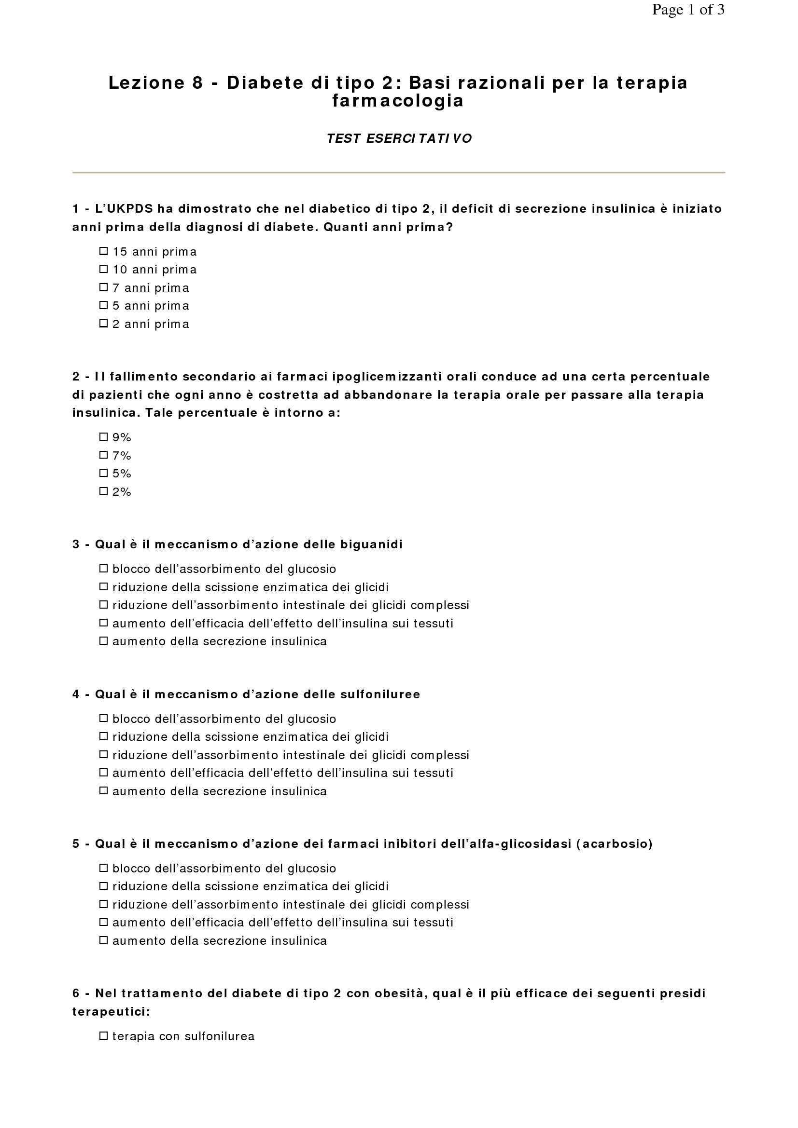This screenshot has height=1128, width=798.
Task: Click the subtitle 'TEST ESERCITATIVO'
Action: [399, 138]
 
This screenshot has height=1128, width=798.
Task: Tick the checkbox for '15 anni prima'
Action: [103, 251]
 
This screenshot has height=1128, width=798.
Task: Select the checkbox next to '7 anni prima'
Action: [103, 287]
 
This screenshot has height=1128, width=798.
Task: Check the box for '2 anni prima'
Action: [103, 323]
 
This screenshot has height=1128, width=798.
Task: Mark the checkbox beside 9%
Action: [103, 436]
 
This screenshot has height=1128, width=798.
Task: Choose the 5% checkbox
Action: [103, 473]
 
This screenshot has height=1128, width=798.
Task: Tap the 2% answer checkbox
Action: [103, 491]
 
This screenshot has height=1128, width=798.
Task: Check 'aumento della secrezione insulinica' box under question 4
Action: [103, 790]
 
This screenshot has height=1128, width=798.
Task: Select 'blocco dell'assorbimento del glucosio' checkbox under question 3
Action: [103, 569]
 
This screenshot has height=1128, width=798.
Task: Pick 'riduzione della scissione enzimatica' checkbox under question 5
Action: [103, 886]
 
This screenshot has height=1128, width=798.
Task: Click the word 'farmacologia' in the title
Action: [398, 101]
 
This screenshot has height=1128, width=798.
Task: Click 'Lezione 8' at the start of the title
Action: [155, 82]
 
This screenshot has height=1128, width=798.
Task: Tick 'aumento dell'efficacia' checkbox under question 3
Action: [103, 623]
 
